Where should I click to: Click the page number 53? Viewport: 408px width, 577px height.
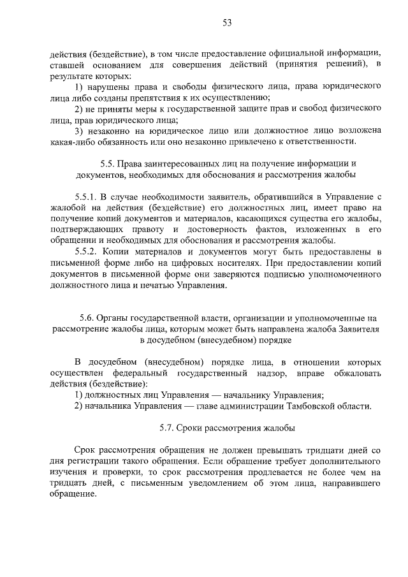pos(226,23)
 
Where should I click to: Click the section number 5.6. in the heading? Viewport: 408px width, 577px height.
pos(87,318)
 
